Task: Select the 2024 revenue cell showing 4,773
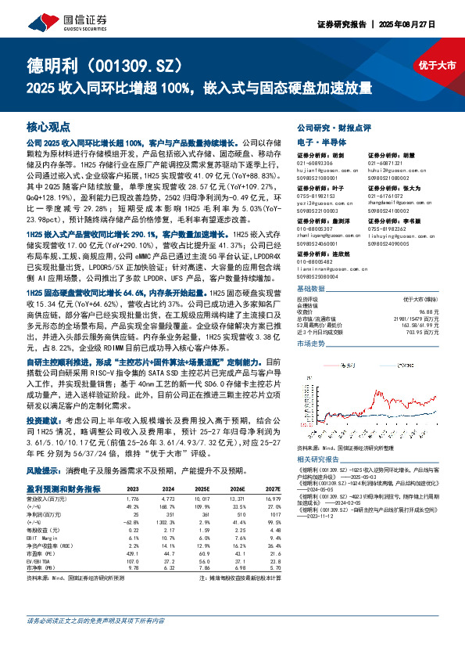(x=167, y=498)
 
